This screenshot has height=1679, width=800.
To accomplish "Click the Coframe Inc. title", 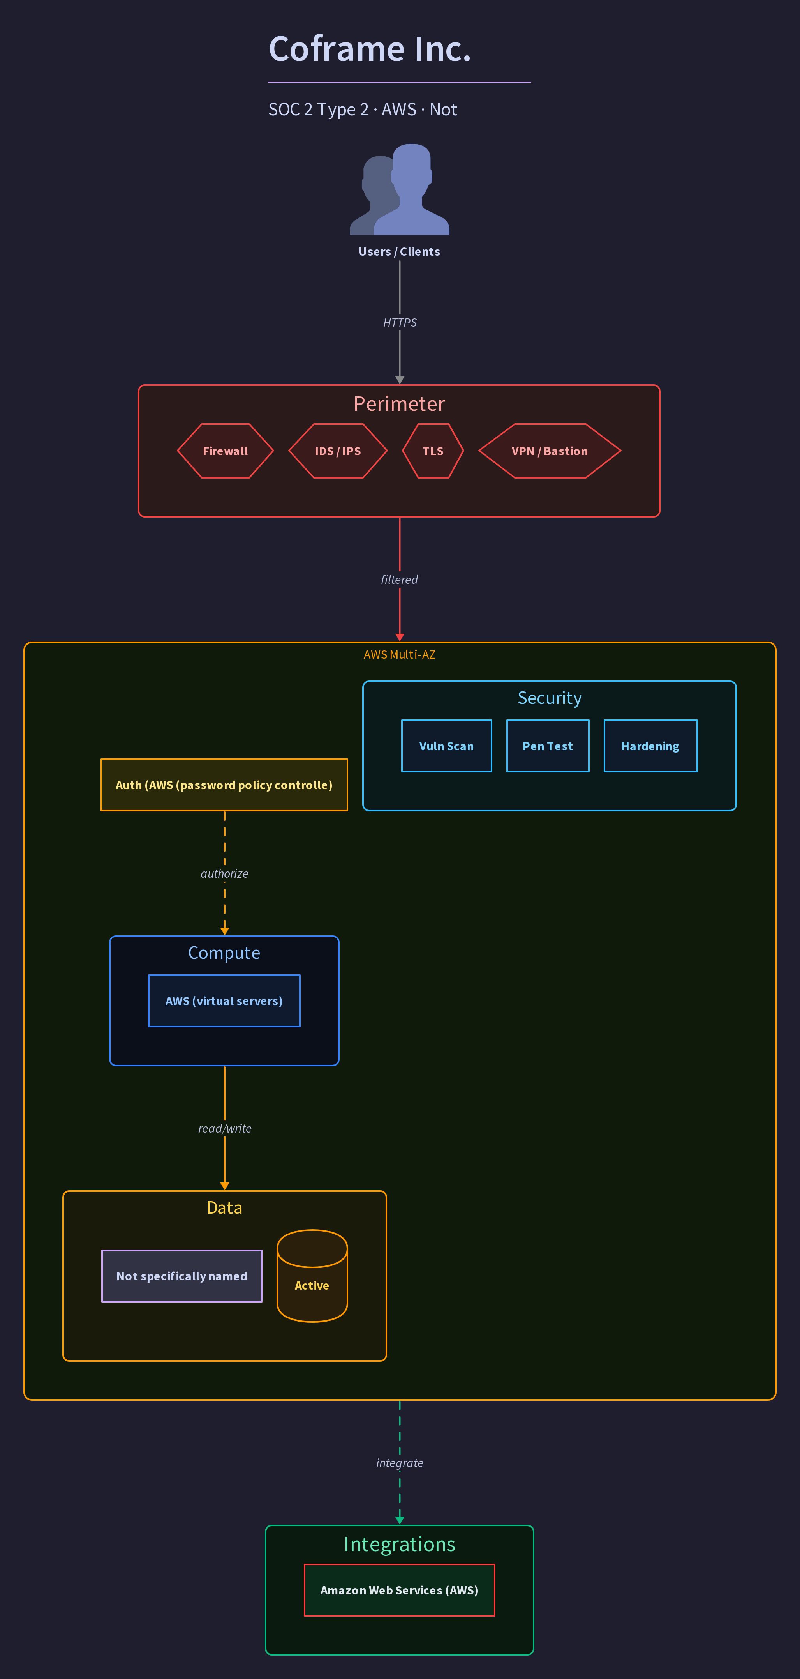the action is [369, 49].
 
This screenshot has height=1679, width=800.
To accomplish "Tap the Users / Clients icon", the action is [399, 189].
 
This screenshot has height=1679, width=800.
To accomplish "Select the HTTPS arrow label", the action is [399, 323].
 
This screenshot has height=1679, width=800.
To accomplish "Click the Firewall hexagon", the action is [226, 451].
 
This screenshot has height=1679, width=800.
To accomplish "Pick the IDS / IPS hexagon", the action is [337, 451].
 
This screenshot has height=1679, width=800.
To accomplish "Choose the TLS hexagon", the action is [433, 451].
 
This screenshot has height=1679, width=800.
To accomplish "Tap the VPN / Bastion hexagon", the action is [550, 451].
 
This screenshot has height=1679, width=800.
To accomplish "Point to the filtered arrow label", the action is [399, 580].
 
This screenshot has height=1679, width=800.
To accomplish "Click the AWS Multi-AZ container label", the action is [399, 654].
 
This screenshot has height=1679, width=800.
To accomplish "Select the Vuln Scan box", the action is [446, 746].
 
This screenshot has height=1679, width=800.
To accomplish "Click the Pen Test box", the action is [548, 746].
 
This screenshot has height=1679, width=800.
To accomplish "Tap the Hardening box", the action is [650, 746].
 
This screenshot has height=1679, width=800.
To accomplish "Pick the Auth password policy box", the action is [224, 785].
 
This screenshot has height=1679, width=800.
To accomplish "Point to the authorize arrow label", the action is [224, 873].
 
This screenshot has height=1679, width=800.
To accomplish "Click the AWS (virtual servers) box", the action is [224, 1000].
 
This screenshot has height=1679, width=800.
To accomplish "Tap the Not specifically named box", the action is [182, 1276].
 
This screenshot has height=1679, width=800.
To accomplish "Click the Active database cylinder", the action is [312, 1276].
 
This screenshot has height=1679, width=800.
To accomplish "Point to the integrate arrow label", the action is [399, 1463].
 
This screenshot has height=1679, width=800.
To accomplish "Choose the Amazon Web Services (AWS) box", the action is [399, 1590].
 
